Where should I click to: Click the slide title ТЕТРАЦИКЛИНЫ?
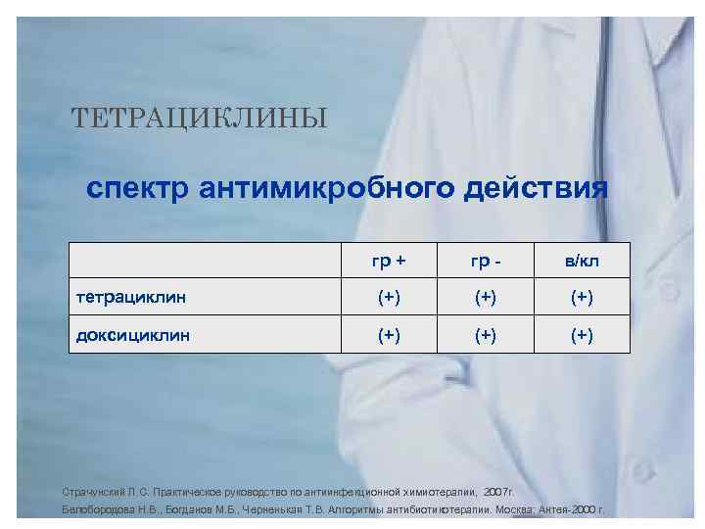pos(199,120)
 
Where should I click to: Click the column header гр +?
pos(389,260)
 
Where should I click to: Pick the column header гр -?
pos(487,260)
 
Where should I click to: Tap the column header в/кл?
pos(583,260)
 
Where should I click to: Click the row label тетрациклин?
pos(132,296)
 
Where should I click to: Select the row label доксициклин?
pos(134,334)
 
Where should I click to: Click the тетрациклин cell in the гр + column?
pos(389,297)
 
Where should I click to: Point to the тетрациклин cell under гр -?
pos(487,297)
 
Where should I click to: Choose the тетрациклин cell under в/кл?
pos(583,297)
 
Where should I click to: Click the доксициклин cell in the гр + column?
pos(389,335)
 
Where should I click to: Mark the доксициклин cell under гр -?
pos(487,335)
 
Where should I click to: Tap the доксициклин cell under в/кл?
pos(583,335)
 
